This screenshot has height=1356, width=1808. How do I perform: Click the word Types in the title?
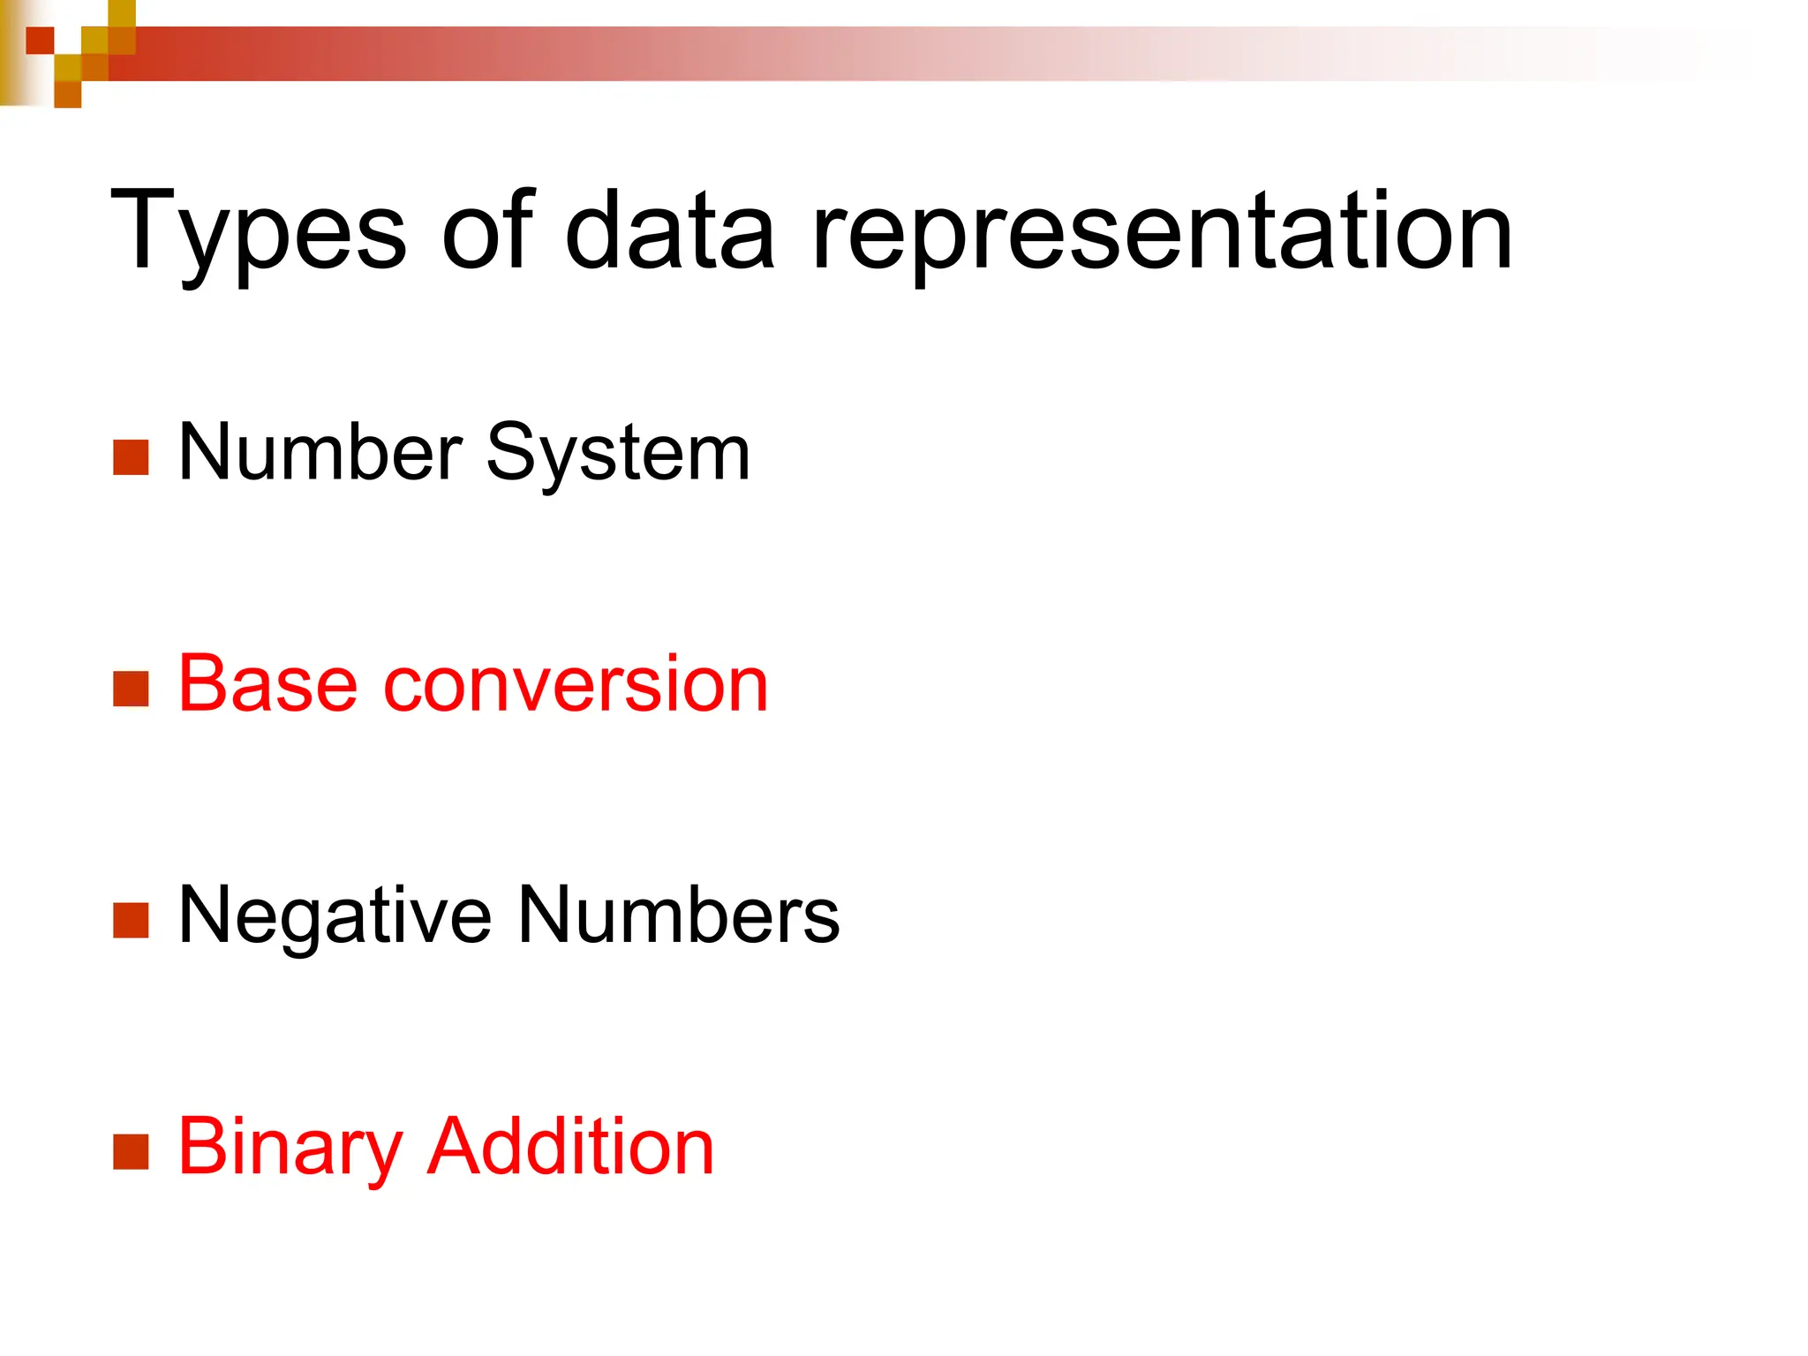[x=258, y=231]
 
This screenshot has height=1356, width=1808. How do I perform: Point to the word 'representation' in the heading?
[x=1162, y=231]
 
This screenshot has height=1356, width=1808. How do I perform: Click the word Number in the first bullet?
[x=320, y=452]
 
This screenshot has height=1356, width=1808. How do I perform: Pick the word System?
[x=618, y=454]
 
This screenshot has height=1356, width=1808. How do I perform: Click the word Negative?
[x=335, y=916]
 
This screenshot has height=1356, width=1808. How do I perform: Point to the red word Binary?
[x=290, y=1148]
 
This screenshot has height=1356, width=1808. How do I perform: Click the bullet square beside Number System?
[x=131, y=457]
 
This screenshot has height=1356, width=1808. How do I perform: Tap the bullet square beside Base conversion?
[x=131, y=689]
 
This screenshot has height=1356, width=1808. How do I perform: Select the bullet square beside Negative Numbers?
[x=131, y=921]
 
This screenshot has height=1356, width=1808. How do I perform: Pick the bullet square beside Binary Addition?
[x=131, y=1152]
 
